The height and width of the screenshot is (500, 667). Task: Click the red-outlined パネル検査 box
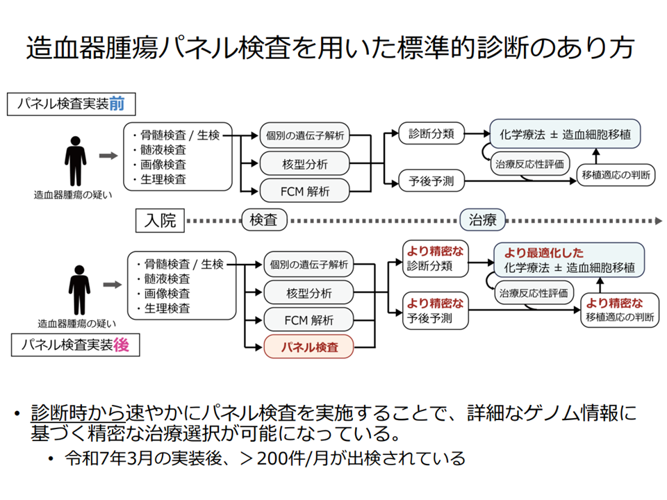point(308,347)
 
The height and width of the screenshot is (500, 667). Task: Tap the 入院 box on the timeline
point(160,221)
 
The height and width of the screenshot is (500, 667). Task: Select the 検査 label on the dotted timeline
point(263,221)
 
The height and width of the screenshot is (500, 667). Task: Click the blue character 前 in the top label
point(117,105)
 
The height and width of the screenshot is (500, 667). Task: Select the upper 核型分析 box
point(304,164)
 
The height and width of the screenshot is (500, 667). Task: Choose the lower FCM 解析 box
point(308,320)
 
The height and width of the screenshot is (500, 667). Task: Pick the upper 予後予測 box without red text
point(431,182)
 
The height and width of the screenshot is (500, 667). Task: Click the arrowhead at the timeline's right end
point(657,221)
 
